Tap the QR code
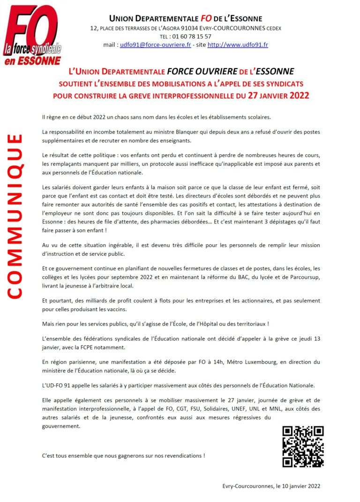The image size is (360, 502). pyautogui.click(x=303, y=446)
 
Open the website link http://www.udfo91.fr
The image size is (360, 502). pyautogui.click(x=238, y=45)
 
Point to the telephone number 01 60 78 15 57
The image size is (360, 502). pyautogui.click(x=192, y=36)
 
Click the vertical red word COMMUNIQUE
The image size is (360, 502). pyautogui.click(x=15, y=216)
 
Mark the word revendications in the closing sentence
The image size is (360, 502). pyautogui.click(x=180, y=456)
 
